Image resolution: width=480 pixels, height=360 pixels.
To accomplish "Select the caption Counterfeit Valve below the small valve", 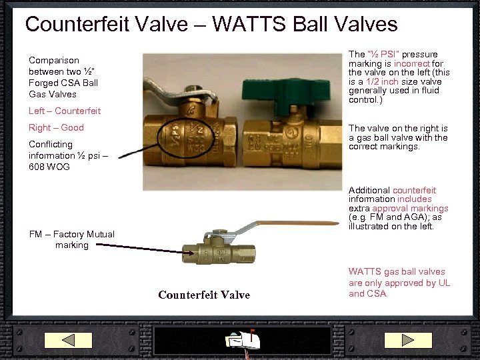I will click(204, 295).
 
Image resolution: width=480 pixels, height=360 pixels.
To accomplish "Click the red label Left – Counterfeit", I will click(65, 111).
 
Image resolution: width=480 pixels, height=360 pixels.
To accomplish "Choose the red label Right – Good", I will click(56, 127).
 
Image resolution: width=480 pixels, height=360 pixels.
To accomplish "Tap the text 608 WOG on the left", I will click(49, 167).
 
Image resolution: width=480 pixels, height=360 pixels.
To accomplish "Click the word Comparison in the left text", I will click(54, 60).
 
